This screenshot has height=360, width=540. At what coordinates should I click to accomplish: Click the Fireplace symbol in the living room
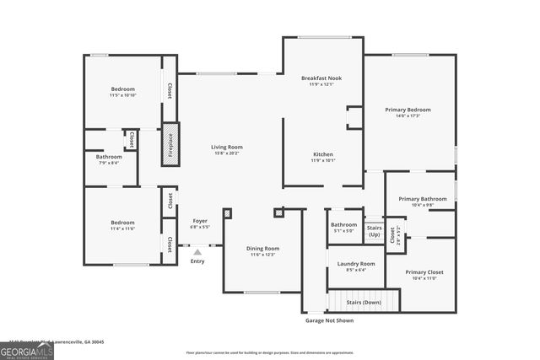point(170,143)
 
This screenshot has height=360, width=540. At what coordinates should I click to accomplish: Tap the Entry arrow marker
point(197,251)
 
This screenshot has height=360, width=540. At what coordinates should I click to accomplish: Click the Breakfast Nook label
point(321,78)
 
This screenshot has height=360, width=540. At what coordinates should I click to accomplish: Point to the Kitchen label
point(323,155)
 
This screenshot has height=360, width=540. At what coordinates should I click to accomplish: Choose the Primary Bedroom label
point(408,110)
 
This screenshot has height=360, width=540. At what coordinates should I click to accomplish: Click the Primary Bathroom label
point(422,199)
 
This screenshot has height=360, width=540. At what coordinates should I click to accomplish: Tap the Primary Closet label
point(424,272)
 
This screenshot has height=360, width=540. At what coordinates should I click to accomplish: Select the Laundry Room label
point(355,264)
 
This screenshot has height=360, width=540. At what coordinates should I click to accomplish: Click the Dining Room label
point(262,249)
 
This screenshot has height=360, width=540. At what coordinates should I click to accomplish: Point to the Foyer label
point(200,221)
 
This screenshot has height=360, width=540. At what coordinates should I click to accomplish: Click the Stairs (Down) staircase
point(355,300)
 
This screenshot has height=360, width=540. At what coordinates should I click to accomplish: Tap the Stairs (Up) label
point(373,230)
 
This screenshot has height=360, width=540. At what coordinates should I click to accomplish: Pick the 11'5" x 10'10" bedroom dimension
point(123,95)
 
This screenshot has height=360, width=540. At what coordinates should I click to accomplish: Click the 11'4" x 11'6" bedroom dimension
point(123,228)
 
